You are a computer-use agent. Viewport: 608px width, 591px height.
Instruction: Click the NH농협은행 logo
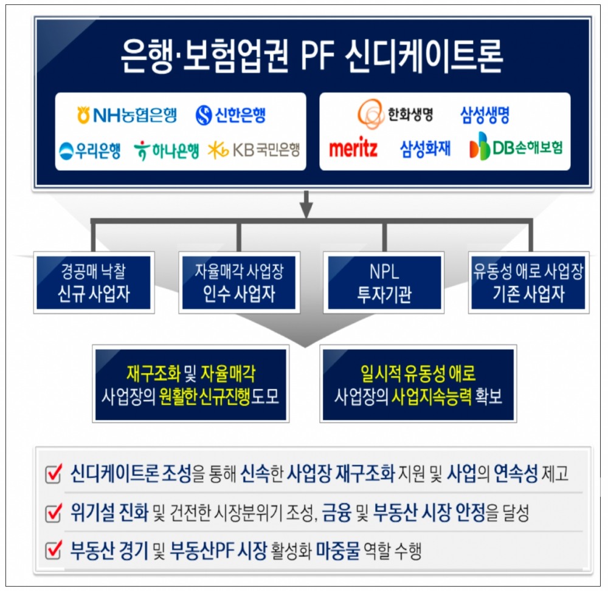click(126, 115)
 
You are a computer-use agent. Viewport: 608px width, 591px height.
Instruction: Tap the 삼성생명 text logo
click(485, 114)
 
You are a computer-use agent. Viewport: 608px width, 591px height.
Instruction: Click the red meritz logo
click(353, 148)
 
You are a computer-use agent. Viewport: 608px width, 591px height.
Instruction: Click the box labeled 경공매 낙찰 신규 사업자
click(94, 282)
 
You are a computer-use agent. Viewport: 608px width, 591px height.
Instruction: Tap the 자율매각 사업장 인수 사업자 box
click(239, 282)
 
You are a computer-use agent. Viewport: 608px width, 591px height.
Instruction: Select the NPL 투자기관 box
click(384, 282)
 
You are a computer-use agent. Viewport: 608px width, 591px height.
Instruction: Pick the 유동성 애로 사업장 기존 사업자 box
click(528, 282)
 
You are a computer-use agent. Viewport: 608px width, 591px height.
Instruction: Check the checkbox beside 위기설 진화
click(54, 514)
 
